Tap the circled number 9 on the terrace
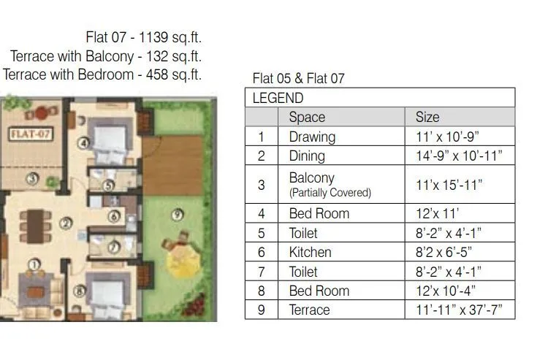178,215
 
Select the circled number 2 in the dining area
66,223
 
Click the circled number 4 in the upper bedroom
85,143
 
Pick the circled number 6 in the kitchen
113,217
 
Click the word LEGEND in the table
278,98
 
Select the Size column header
427,117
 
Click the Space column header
307,117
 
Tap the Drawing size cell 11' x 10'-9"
447,137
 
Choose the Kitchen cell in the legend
310,252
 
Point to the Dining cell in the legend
307,156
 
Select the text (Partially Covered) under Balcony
330,194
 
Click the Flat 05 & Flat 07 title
298,78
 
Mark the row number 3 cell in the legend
261,185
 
